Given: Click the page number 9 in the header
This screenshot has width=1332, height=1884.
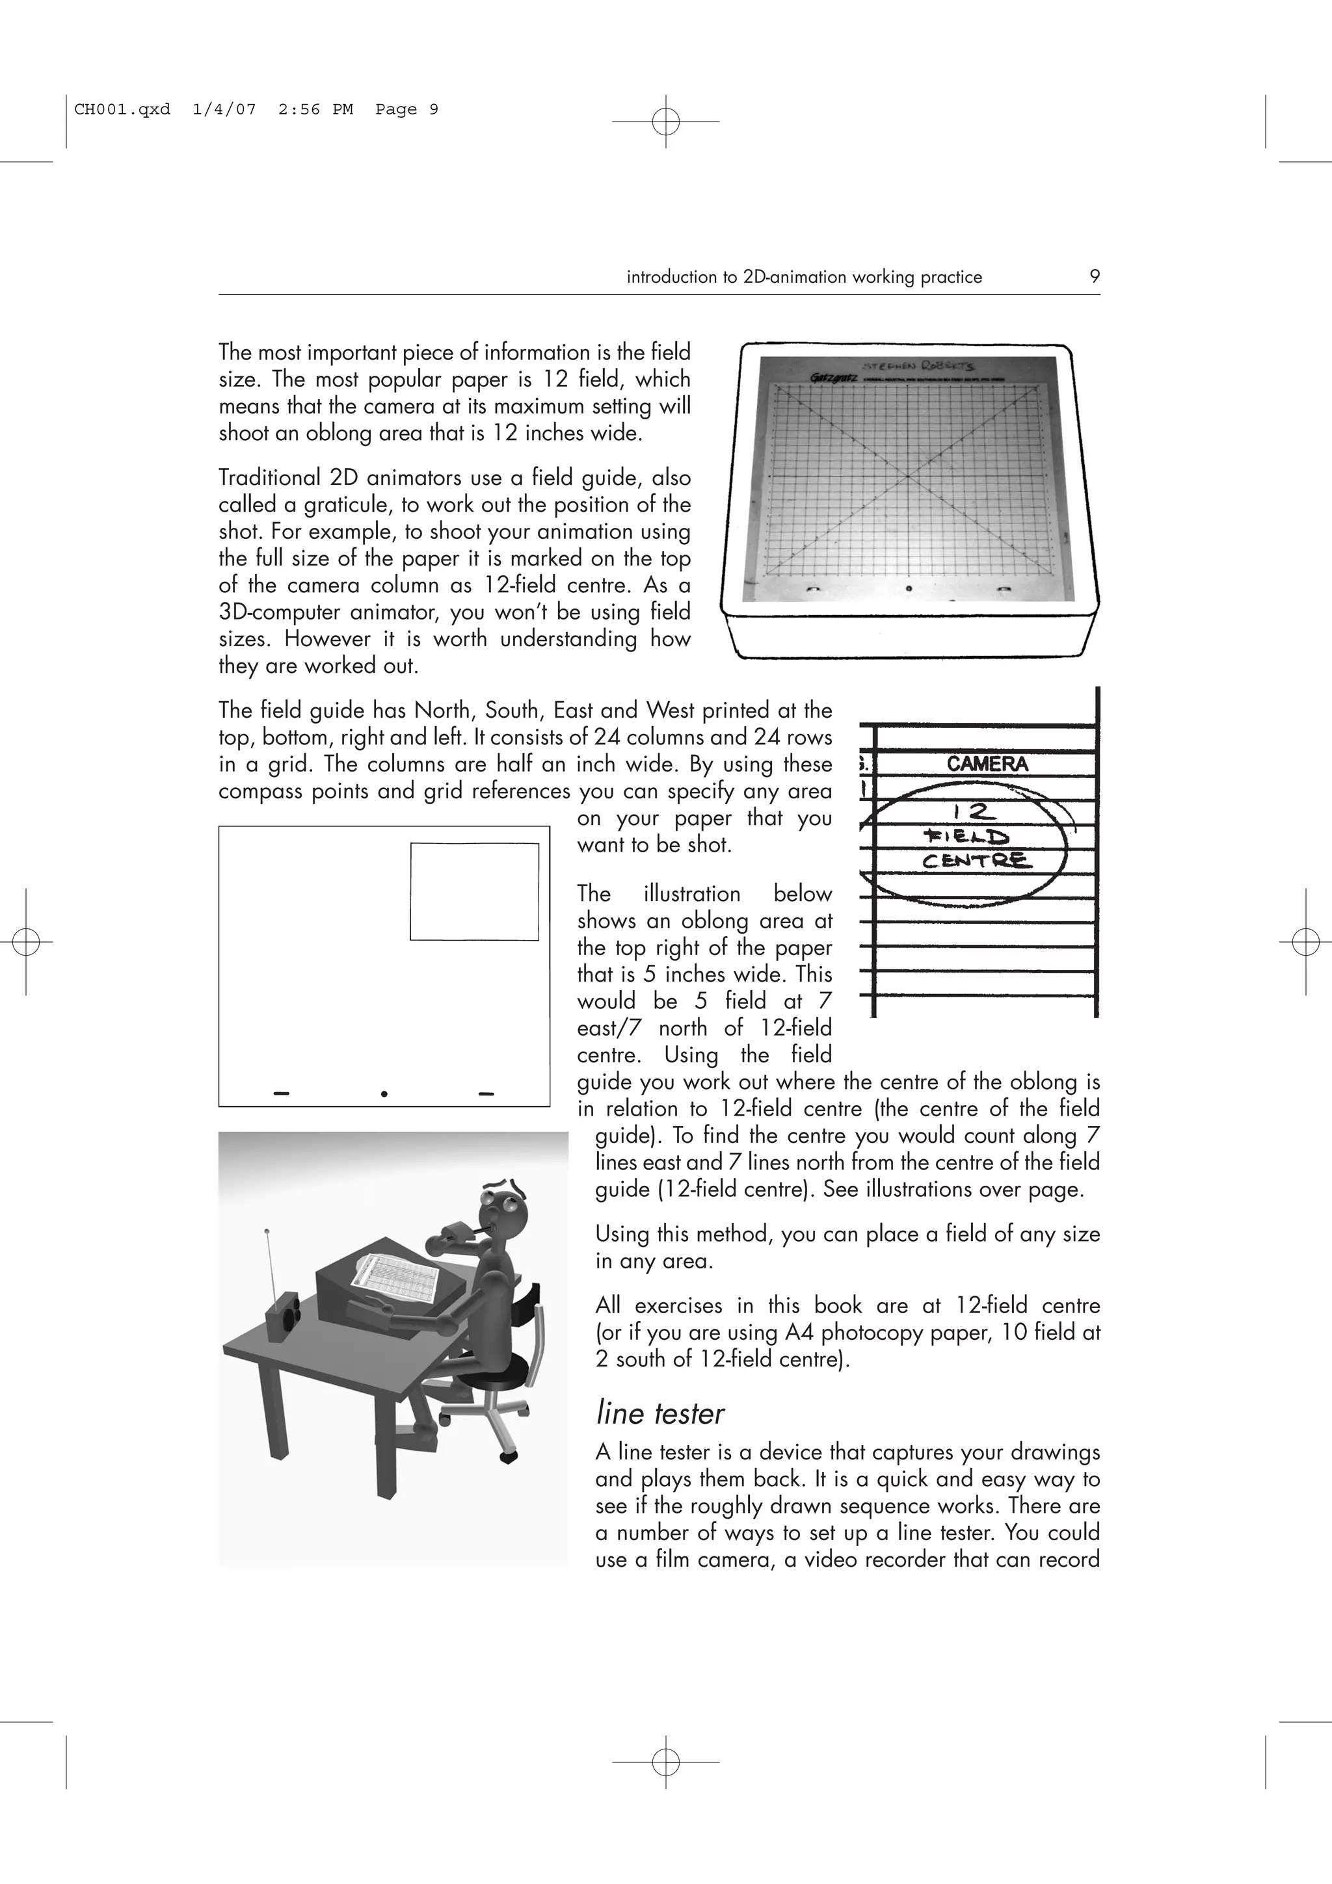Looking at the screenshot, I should [1094, 276].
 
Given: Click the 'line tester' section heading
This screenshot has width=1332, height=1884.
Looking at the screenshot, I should [660, 1414].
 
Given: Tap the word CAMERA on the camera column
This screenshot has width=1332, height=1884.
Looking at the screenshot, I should [987, 764].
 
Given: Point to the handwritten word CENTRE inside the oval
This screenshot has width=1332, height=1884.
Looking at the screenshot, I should [977, 861].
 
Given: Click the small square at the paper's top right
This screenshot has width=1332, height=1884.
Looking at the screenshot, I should [474, 891].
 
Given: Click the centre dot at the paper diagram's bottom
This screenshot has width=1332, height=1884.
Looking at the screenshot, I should [384, 1094].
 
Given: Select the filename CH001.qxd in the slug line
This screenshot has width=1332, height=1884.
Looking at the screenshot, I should [122, 109].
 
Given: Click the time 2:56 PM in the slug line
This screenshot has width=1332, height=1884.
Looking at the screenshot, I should [315, 109].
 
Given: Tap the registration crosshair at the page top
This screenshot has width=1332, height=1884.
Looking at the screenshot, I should [665, 122].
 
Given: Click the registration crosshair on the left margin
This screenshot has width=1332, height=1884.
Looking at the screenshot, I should [26, 942].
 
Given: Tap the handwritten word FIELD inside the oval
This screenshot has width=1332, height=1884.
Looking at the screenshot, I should [966, 837].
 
